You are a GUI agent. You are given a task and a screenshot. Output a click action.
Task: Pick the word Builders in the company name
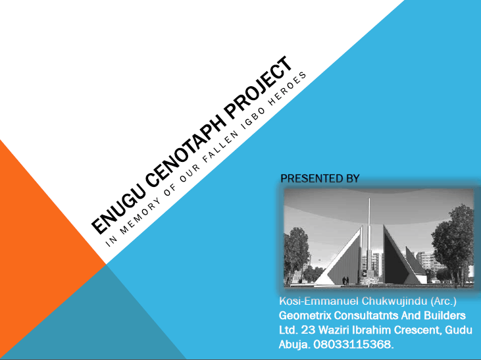click(x=447, y=316)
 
